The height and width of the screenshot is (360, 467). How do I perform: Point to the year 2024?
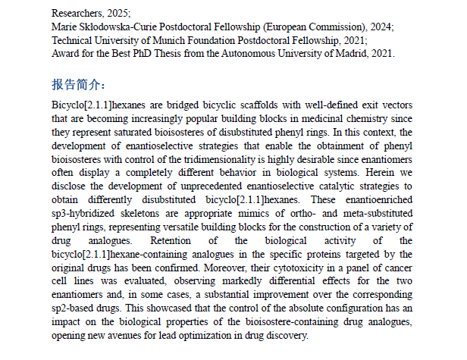point(380,27)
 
